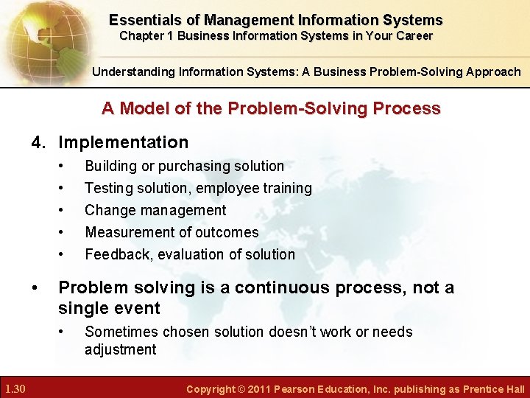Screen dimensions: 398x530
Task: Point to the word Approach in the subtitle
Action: point(490,72)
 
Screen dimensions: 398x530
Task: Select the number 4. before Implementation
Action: point(40,142)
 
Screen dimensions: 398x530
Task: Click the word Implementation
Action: point(124,142)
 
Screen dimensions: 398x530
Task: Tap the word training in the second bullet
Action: point(286,189)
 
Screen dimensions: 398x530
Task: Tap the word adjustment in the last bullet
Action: point(121,349)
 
